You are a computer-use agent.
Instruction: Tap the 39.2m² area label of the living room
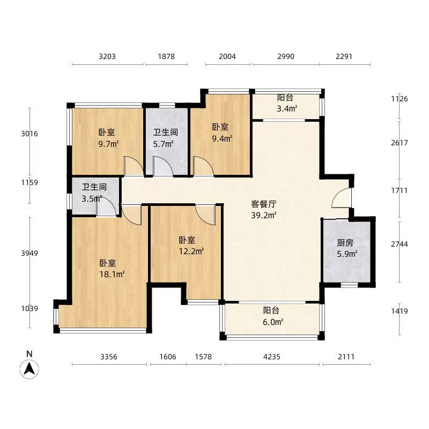tap(264, 216)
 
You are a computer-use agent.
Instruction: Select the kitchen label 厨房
tap(345, 242)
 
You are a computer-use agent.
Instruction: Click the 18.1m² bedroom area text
tap(112, 275)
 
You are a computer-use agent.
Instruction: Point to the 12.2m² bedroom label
tap(191, 250)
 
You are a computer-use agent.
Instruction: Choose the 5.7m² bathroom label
tap(163, 144)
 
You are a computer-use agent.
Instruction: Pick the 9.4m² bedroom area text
tap(221, 138)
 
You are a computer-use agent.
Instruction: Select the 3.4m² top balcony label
tap(286, 109)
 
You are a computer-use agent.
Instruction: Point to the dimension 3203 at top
tap(108, 56)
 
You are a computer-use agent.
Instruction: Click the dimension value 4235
tap(273, 357)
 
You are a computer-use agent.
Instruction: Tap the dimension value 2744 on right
tap(399, 244)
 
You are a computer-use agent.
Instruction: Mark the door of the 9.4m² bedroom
tap(203, 166)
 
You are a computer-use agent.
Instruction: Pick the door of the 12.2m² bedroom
tap(206, 214)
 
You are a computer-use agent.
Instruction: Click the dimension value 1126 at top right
tap(399, 99)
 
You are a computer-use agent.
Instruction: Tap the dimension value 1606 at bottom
tap(168, 357)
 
